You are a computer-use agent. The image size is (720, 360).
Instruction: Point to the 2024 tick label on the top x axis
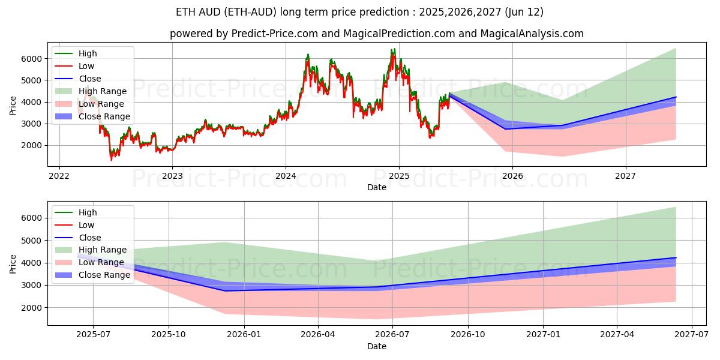coord(286,176)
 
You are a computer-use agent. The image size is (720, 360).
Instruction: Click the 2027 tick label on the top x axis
coord(626,176)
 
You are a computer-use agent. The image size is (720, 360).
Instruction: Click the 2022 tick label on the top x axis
coord(59,176)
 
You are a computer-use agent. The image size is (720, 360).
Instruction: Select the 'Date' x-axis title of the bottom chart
coord(376,346)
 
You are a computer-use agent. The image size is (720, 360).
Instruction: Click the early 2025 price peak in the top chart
coord(393,50)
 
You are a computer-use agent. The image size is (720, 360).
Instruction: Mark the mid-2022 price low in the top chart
coord(111,159)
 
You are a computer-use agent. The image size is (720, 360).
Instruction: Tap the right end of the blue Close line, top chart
coord(676,97)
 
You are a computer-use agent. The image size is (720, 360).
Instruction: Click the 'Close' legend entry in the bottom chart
coord(90,238)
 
